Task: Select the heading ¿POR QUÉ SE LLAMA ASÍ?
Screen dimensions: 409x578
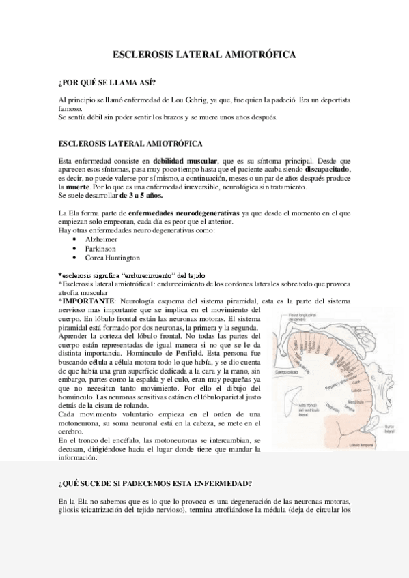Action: point(107,84)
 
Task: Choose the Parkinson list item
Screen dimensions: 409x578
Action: point(100,249)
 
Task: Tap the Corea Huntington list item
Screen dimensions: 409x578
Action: point(112,258)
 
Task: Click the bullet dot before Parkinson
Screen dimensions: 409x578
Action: point(72,249)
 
